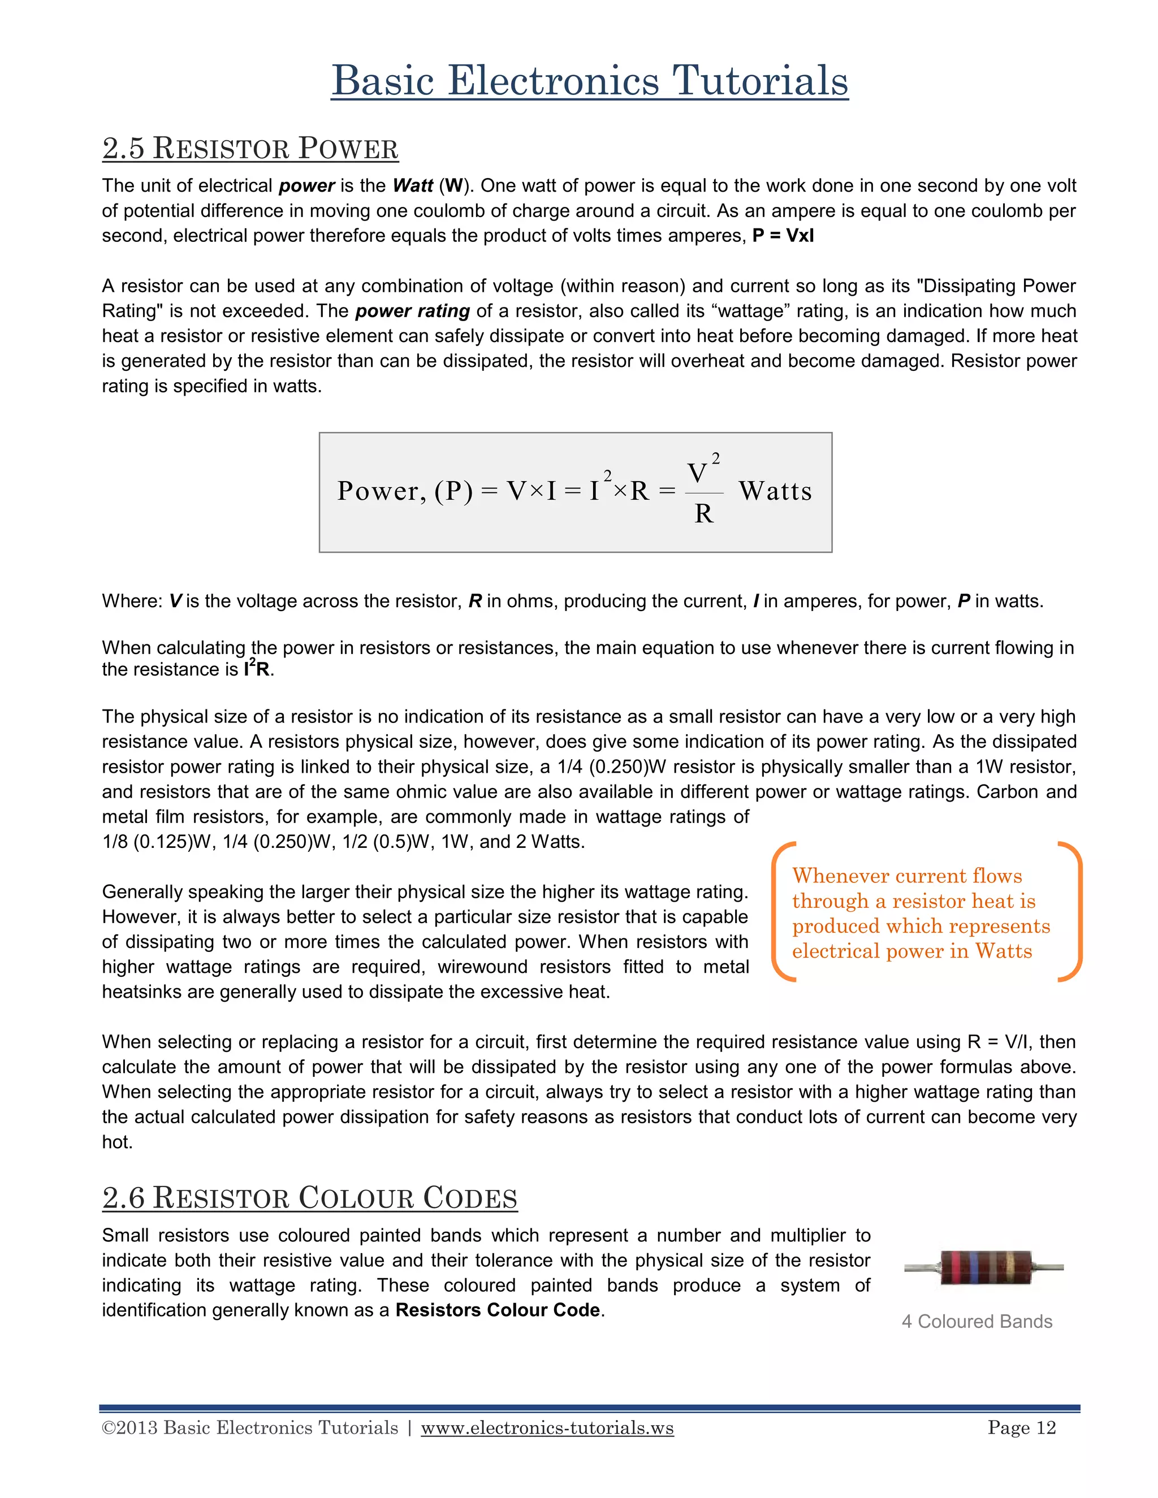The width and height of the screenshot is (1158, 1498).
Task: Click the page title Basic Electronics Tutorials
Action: coord(589,81)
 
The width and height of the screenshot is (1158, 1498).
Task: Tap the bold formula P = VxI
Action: coord(783,236)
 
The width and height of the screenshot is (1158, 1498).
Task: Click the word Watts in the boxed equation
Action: coord(775,491)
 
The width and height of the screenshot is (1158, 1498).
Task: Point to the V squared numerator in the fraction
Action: coord(701,471)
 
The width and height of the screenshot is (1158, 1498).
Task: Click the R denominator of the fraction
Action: coord(703,514)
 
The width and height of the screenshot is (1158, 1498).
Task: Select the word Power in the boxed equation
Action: coord(377,491)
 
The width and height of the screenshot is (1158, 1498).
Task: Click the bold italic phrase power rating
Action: coord(412,311)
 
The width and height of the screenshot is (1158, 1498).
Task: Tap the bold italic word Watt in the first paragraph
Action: coord(413,186)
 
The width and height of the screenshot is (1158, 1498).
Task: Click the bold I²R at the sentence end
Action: coord(257,669)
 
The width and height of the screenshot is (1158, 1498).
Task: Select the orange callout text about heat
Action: coord(919,913)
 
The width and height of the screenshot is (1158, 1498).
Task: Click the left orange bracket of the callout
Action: coord(781,912)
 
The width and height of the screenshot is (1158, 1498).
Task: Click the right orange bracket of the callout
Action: coord(1071,912)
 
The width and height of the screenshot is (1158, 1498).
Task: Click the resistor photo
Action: coord(984,1267)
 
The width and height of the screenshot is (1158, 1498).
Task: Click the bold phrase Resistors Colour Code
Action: coord(498,1310)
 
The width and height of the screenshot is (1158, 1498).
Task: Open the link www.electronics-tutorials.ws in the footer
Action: coord(547,1428)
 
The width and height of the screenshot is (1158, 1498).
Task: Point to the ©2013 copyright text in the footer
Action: coord(250,1428)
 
